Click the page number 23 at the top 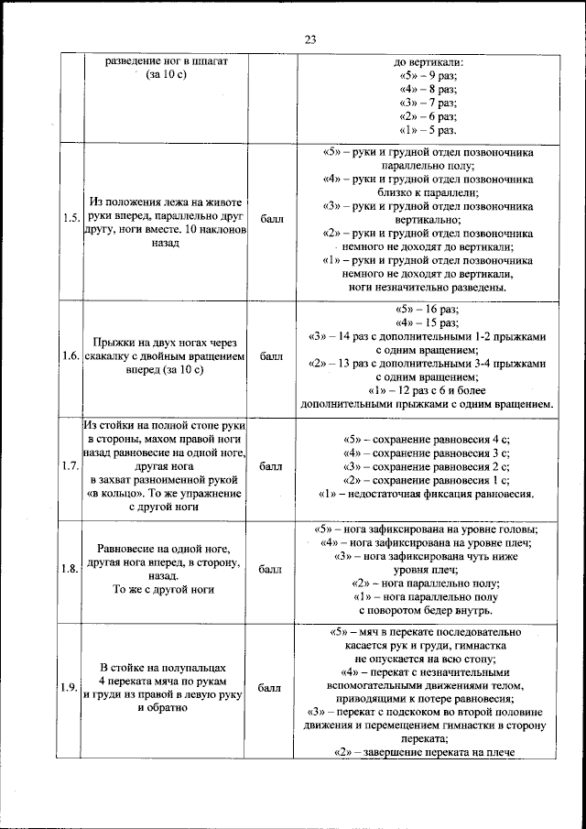click(309, 39)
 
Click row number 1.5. click(70, 218)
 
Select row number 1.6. click(70, 355)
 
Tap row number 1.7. click(70, 466)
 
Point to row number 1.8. click(70, 569)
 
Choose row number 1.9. click(70, 688)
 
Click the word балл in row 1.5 click(271, 218)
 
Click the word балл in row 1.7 click(271, 466)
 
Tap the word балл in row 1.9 click(271, 688)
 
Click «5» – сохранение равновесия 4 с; click(426, 438)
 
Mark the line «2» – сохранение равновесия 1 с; click(426, 479)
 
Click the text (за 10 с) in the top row click(166, 74)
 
